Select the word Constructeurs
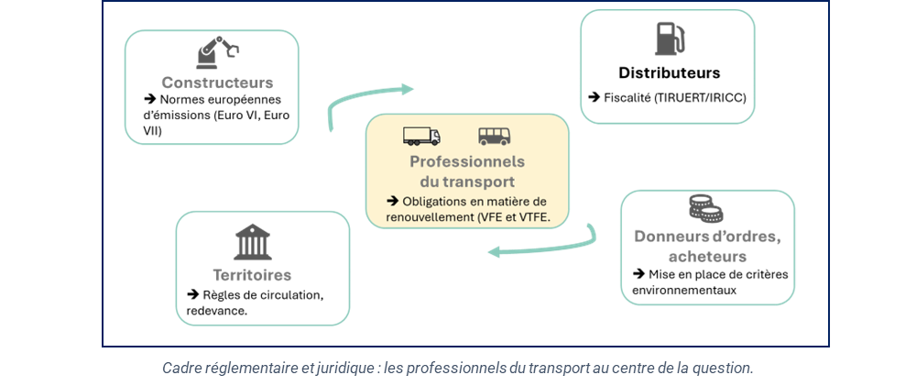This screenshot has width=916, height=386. (x=217, y=83)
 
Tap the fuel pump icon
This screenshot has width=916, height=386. (x=670, y=39)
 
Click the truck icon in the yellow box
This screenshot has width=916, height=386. (x=421, y=136)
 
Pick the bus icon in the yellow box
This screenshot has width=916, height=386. (x=495, y=136)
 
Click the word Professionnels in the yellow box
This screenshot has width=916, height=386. (x=467, y=161)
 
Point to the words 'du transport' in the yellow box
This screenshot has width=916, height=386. (x=467, y=182)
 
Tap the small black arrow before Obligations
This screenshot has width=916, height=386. (x=393, y=201)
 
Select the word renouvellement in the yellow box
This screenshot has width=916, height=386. (x=423, y=217)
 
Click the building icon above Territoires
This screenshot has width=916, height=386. (x=252, y=242)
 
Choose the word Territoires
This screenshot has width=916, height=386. (x=252, y=275)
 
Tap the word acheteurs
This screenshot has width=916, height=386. (x=707, y=257)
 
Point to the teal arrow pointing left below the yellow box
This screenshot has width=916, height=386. (x=540, y=246)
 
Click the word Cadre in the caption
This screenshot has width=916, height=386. (x=181, y=368)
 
